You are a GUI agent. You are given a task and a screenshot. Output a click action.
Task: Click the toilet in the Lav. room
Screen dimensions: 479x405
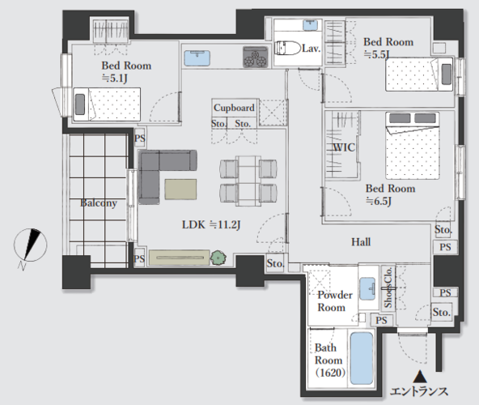coord(287,48)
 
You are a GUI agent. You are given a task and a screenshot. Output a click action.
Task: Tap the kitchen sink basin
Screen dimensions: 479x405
coord(197,58)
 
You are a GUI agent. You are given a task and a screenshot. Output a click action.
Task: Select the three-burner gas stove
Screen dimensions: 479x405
coord(256,57)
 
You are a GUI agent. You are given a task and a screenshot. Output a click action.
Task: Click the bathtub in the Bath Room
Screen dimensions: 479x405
coord(362,358)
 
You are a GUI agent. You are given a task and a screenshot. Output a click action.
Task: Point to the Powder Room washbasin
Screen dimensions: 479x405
coord(367,288)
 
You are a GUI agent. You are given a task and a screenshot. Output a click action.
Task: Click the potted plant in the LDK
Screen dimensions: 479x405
coord(218,258)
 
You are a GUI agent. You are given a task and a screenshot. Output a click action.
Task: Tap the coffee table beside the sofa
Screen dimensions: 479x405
coord(180,190)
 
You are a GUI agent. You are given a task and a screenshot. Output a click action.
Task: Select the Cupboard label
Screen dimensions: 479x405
coord(234,108)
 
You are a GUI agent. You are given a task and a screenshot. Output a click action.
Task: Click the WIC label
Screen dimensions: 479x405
coord(344,147)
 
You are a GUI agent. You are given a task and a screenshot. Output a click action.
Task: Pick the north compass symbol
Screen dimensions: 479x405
coord(30,245)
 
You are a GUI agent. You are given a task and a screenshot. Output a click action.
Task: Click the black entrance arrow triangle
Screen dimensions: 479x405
coord(420,377)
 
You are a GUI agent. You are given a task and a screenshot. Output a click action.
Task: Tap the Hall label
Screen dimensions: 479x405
coord(361,242)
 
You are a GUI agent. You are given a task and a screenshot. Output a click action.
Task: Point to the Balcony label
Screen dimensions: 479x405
coord(99,203)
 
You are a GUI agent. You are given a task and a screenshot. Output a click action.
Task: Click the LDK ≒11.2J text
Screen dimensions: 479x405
coord(211,225)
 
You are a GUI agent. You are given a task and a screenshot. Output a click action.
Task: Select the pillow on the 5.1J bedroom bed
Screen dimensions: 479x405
coord(80,104)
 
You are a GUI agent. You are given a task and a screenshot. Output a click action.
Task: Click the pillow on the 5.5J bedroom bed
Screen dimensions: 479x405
coord(447,75)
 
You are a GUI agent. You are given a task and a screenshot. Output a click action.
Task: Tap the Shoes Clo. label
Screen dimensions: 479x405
coord(388,288)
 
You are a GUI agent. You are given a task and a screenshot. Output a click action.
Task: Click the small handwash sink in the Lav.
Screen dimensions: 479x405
coord(310,25)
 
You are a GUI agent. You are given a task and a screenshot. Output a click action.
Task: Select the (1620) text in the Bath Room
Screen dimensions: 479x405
coord(330,373)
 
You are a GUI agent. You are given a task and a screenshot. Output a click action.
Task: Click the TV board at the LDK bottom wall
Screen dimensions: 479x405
coord(180,258)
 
